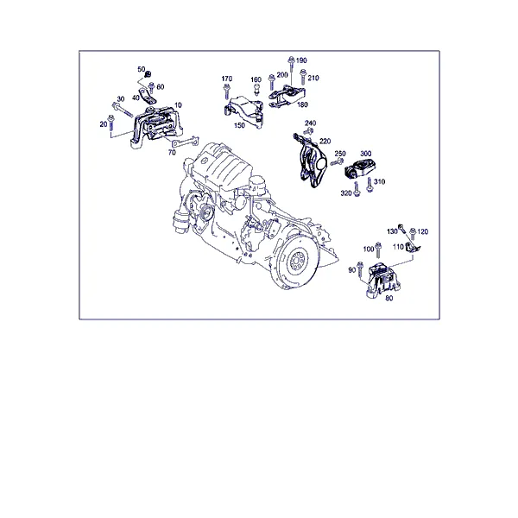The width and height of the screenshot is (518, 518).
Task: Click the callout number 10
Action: tap(178, 105)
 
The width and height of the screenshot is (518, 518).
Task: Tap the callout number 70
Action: tap(172, 152)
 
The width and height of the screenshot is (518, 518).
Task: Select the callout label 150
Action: tap(239, 125)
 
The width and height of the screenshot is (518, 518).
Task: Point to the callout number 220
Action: tap(325, 141)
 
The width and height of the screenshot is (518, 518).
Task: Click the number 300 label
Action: tap(366, 154)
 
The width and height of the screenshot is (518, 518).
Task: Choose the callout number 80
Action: tap(389, 298)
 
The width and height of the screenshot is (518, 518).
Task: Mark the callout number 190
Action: tap(301, 60)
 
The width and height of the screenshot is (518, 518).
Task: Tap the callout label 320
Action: tap(346, 193)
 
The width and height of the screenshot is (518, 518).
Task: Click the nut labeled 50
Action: tap(148, 73)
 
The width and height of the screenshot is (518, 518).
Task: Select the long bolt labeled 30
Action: tap(123, 110)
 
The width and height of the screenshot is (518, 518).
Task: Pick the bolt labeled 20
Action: tap(111, 123)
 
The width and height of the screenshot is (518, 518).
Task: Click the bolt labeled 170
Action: tap(226, 92)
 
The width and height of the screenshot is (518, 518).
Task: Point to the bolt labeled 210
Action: tap(303, 77)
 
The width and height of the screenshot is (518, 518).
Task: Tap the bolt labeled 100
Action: tap(378, 250)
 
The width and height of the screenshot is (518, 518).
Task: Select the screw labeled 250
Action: tap(337, 162)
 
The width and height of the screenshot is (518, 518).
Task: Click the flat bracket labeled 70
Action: tap(185, 142)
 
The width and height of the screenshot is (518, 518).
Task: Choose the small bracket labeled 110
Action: tap(412, 248)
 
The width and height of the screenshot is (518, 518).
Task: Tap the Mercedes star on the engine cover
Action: tap(204, 161)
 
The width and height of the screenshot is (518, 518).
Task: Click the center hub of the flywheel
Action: tap(295, 262)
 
